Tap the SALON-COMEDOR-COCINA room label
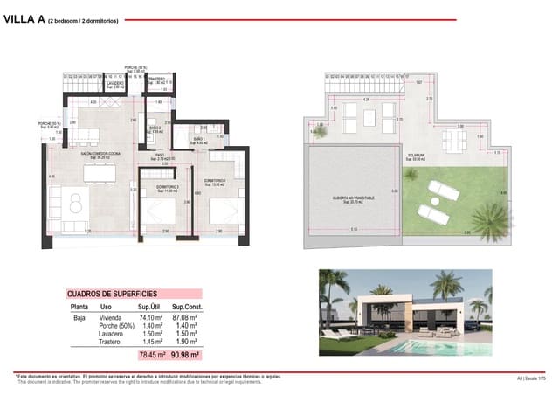pyautogui.click(x=93, y=153)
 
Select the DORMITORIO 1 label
pyautogui.click(x=215, y=180)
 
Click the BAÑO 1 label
pyautogui.click(x=198, y=139)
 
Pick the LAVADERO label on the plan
pyautogui.click(x=89, y=84)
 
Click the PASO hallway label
pyautogui.click(x=160, y=156)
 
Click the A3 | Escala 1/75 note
pyautogui.click(x=531, y=378)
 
